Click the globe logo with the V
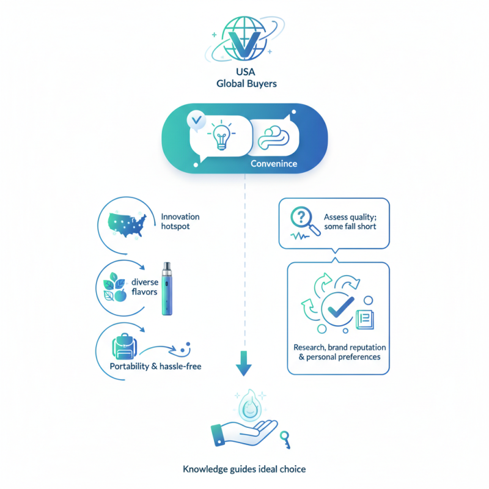point(245,39)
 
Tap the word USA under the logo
point(246,72)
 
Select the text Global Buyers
point(246,84)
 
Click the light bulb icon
point(221,134)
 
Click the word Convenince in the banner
point(274,164)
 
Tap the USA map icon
point(127,224)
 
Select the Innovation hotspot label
point(180,221)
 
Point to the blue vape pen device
point(167,289)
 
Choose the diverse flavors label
point(145,287)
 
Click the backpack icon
point(125,346)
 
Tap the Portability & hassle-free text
point(155,366)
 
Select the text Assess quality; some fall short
point(350,221)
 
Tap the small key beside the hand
point(285,439)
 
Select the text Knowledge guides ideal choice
point(244,469)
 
